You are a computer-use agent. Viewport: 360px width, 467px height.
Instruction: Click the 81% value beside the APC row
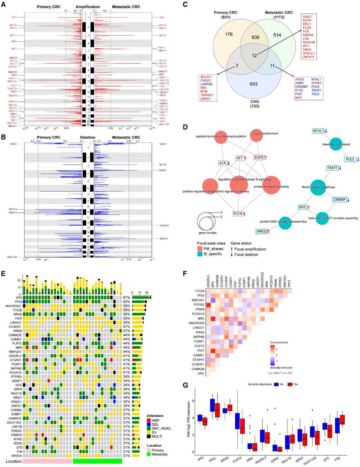pos(126,297)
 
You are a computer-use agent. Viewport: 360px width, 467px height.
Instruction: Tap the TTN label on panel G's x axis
pos(348,457)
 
